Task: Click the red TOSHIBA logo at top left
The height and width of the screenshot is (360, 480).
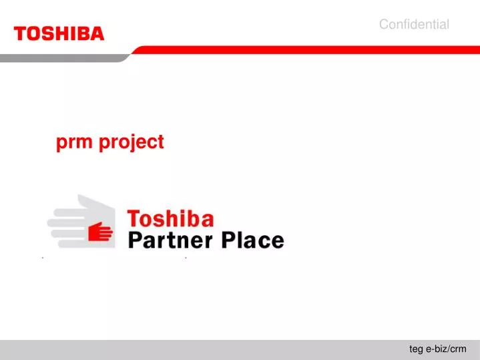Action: [x=59, y=33]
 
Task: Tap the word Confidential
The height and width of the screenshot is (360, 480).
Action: [x=414, y=25]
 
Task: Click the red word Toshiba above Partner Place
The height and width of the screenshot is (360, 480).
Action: [x=170, y=219]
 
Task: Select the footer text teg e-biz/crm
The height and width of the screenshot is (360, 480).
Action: [x=437, y=349]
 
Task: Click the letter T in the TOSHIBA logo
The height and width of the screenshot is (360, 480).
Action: [x=20, y=33]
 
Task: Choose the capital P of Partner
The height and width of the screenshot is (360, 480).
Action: [x=134, y=240]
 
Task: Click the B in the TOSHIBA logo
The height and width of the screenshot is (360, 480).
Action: [x=83, y=33]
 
